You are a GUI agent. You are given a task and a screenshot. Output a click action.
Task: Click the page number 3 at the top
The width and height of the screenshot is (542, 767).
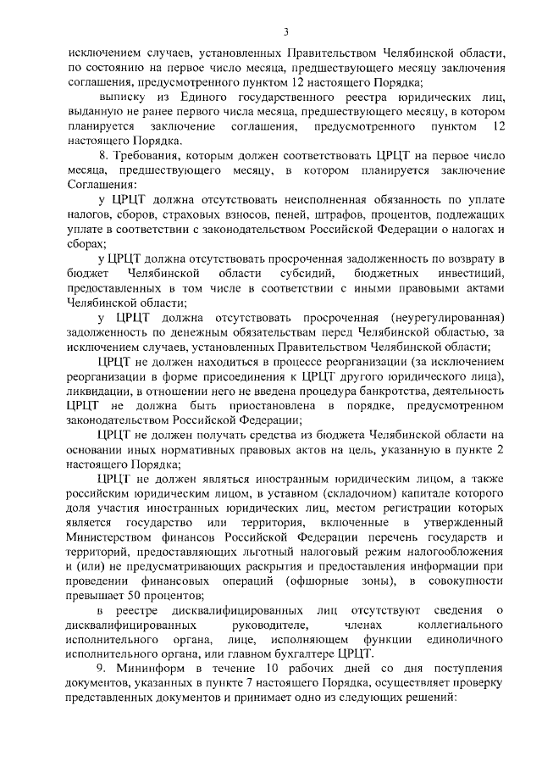[286, 32]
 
